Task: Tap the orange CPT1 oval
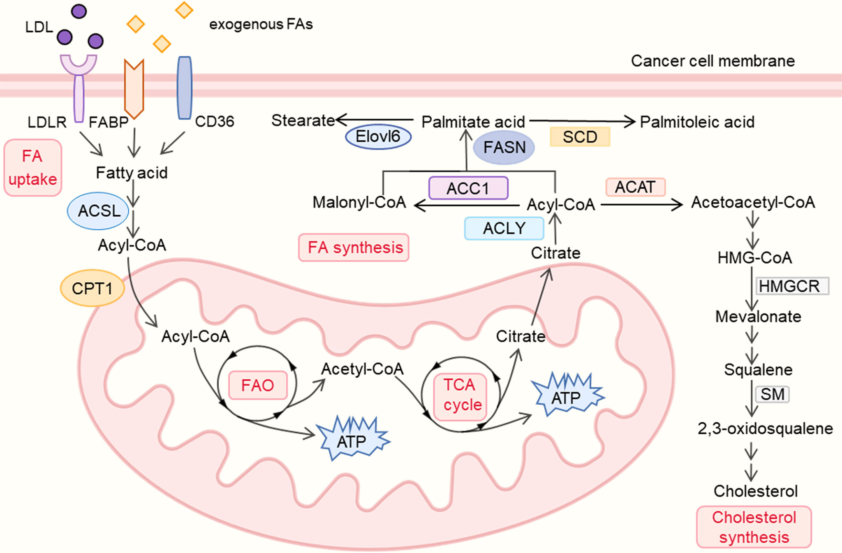(x=92, y=288)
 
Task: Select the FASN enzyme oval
(x=504, y=147)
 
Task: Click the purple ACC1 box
(x=468, y=188)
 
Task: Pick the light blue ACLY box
(x=504, y=228)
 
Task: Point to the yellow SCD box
(x=580, y=137)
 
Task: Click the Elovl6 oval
(x=378, y=137)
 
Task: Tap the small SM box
(x=772, y=394)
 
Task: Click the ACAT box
(x=635, y=187)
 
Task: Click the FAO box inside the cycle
(x=257, y=385)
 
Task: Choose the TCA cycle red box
(x=460, y=396)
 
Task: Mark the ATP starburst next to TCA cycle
(x=567, y=395)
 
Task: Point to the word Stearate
(x=303, y=120)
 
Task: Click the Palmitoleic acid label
(x=697, y=122)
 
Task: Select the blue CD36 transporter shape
(x=185, y=88)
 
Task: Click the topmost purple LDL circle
(x=79, y=11)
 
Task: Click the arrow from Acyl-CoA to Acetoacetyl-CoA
(x=641, y=204)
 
